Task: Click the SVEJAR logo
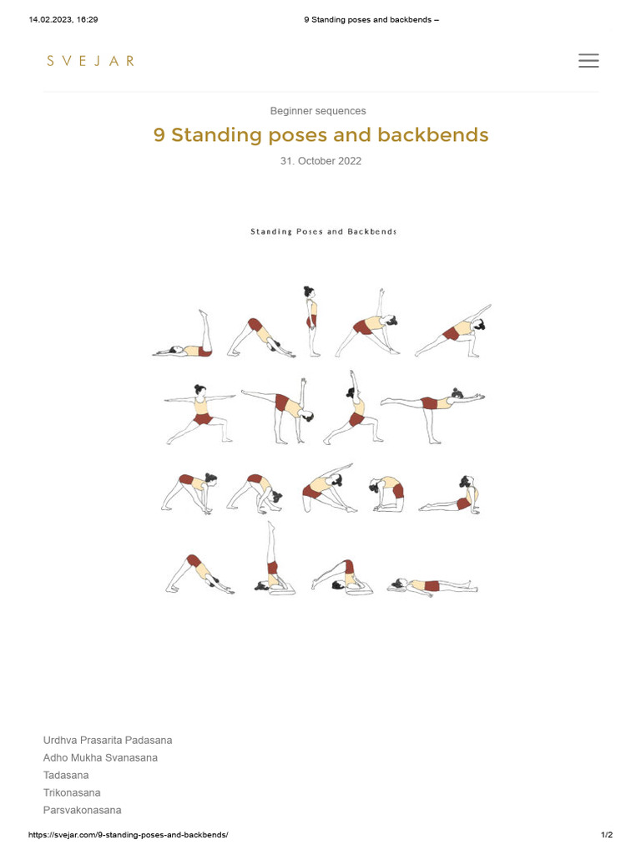click(x=90, y=60)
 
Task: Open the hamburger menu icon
click(x=588, y=60)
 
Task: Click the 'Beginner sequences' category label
click(x=318, y=111)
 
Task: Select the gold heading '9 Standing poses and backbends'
click(x=320, y=135)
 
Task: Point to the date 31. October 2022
click(x=320, y=161)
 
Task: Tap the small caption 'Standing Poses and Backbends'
click(x=324, y=231)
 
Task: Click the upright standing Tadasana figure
click(x=311, y=322)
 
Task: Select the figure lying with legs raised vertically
click(x=184, y=339)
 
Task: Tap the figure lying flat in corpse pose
click(x=432, y=585)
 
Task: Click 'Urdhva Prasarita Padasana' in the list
click(x=108, y=740)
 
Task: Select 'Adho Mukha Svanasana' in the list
click(x=100, y=757)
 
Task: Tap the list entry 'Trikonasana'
click(x=72, y=792)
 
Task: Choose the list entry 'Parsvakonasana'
click(x=82, y=810)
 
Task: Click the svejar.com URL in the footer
click(x=128, y=835)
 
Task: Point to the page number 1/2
click(x=607, y=835)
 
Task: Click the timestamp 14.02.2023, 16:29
click(x=63, y=19)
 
